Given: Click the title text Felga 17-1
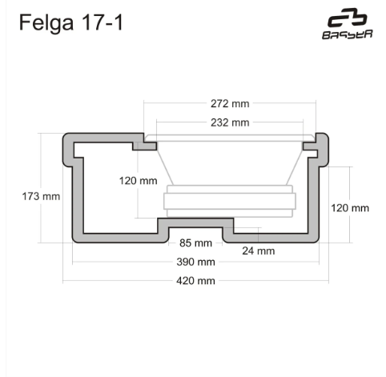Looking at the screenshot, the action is pos(71,22).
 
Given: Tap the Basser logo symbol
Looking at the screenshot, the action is pos(348,18).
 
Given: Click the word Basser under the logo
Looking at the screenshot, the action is pos(348,34).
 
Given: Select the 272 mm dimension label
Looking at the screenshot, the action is pos(230,103).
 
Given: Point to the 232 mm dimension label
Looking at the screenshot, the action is pos(230,122).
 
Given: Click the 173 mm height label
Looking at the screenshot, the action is pos(41,196).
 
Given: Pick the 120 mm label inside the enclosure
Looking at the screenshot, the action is pos(138,181).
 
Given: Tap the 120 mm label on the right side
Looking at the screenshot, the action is pos(350,208).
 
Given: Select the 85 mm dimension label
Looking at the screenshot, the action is pos(195,243).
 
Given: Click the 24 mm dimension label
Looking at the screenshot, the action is pos(259,251).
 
